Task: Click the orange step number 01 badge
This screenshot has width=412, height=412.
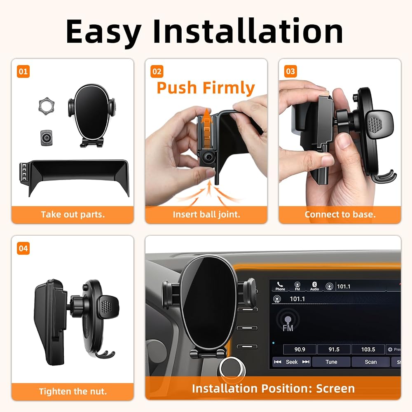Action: pos(23,71)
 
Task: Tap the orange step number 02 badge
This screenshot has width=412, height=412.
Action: pos(157,71)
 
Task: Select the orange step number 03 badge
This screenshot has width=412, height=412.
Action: pos(290,71)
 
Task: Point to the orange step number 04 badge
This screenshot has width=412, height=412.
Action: pos(23,248)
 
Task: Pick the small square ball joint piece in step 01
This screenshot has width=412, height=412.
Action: pos(46,138)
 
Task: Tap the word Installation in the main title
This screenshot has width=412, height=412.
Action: pos(248,31)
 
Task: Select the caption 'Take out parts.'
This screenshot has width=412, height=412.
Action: pos(73,215)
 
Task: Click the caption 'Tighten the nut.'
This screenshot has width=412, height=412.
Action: pos(73,391)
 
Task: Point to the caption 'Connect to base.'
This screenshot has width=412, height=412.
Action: pos(340,215)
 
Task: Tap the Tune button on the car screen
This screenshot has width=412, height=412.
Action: pos(331,362)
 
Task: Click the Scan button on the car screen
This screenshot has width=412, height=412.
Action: pos(370,362)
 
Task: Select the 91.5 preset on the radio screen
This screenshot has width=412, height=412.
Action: pos(334,349)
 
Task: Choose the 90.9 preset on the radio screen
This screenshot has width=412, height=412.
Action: pos(300,349)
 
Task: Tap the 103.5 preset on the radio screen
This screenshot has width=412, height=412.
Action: pos(368,349)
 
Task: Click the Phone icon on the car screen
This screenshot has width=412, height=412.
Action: pos(280,286)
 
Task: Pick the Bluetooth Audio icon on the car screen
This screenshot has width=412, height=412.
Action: pos(314,286)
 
